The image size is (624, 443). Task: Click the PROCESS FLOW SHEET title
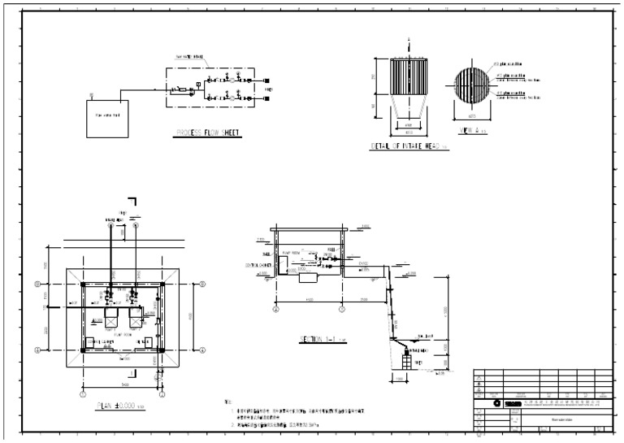tap(208, 133)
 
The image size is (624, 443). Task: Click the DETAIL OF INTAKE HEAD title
tap(405, 146)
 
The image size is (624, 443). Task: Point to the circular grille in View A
tap(469, 85)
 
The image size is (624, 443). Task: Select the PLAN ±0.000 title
tap(119, 404)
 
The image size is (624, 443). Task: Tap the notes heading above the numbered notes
tap(227, 402)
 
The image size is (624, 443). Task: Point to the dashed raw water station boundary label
tap(188, 59)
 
